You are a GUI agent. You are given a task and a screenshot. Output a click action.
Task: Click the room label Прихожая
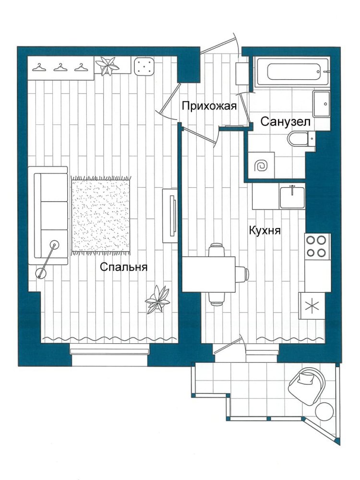pos(209,106)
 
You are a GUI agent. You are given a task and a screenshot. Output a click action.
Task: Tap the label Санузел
pos(285,122)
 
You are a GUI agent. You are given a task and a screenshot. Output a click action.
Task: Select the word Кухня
pos(265,230)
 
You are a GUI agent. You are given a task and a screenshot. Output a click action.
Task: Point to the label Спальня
pos(124,267)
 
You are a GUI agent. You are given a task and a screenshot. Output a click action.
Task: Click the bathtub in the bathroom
pos(293,72)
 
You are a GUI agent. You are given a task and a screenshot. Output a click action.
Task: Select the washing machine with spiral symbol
pos(261,165)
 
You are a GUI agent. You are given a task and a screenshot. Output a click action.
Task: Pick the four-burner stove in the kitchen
pos(317,246)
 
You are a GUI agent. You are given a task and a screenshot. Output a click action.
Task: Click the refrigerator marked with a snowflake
pos(312,305)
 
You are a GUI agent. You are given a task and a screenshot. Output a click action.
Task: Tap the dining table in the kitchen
pos(209,274)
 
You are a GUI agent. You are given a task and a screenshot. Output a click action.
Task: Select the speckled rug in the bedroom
pos(101,216)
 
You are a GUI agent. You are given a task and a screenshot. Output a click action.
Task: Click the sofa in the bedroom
pos(48,216)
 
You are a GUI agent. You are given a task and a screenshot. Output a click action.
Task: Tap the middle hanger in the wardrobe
pos(60,67)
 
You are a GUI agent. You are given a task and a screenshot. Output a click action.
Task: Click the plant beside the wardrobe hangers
pos(107,65)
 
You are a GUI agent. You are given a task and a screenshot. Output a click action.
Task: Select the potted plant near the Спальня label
pos(157,300)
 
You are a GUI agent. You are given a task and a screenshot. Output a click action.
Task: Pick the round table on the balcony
pos(324,411)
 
